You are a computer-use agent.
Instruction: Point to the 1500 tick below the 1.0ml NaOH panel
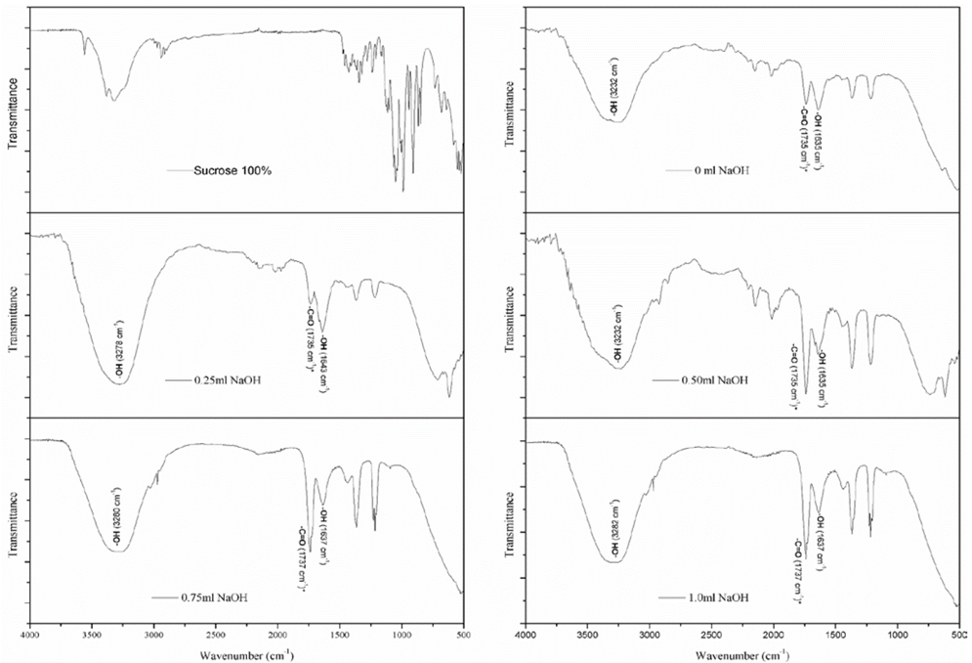(x=835, y=632)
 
